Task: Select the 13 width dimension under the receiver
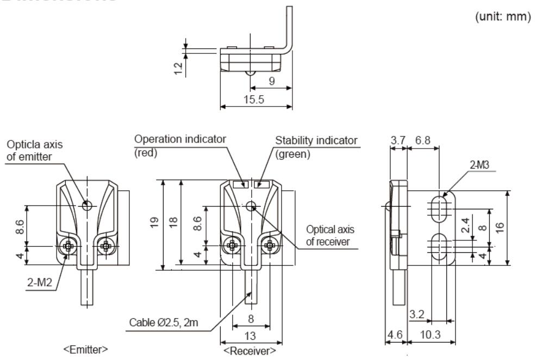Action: [251, 337]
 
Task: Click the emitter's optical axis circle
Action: [86, 205]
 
